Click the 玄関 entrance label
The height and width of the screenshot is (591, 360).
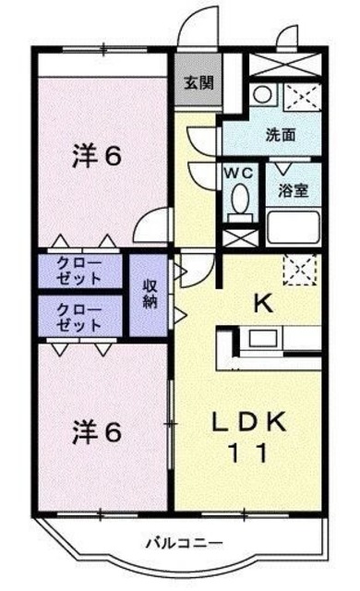click(x=197, y=82)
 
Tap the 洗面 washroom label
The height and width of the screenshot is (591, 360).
click(x=281, y=134)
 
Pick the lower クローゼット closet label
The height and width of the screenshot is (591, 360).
click(x=79, y=316)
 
